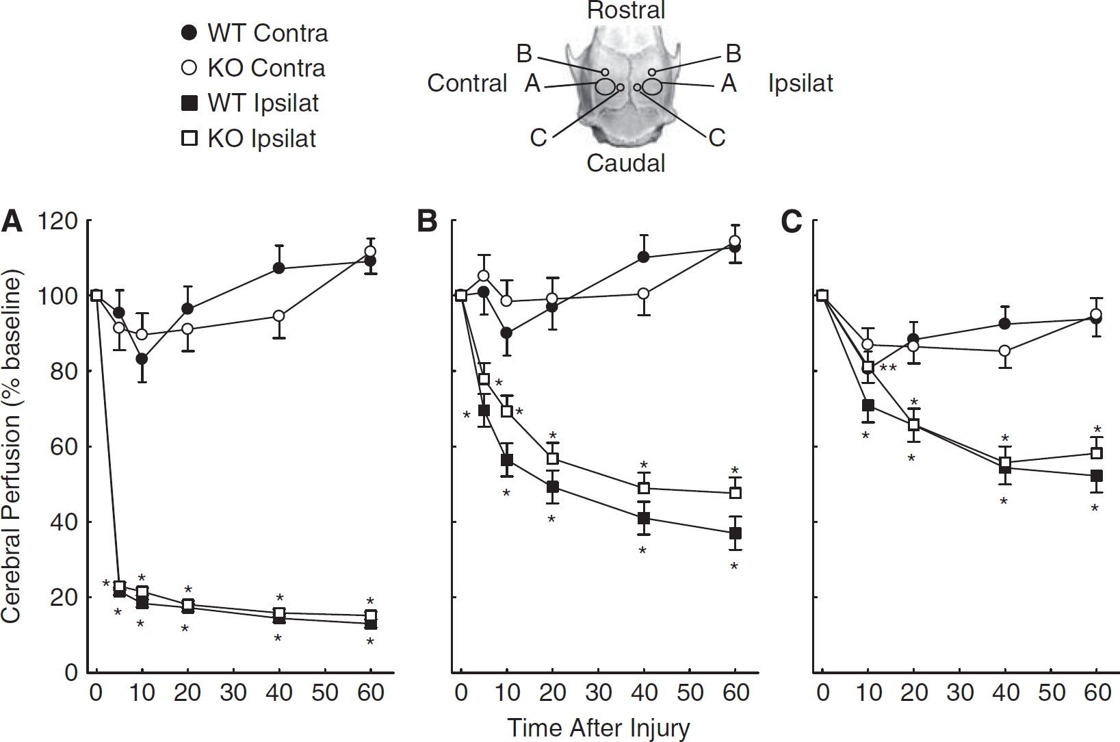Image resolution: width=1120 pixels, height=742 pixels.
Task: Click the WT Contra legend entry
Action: (x=254, y=34)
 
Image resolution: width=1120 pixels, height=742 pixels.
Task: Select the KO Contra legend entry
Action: (x=253, y=68)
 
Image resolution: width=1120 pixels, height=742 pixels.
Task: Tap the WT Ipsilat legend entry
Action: (x=250, y=103)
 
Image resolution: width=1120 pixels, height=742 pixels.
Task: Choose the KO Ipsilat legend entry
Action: (x=248, y=138)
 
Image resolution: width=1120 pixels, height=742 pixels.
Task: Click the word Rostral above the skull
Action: (x=626, y=10)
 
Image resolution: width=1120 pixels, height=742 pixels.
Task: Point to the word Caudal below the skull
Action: (x=626, y=163)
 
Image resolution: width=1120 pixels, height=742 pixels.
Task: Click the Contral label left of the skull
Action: (x=467, y=83)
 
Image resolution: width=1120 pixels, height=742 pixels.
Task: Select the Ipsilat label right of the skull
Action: (x=800, y=83)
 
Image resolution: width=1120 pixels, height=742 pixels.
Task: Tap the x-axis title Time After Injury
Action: (x=599, y=728)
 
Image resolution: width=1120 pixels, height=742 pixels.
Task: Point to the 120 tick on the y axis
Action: (x=58, y=220)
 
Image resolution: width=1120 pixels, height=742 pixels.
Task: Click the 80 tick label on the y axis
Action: (x=64, y=371)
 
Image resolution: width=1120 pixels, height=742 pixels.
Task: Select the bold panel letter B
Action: (x=427, y=222)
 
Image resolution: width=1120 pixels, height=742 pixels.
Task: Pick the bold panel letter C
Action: (x=792, y=222)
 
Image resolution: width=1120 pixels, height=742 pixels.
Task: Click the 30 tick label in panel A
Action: (x=233, y=693)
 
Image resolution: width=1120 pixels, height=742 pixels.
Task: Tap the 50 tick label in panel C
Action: (x=1052, y=693)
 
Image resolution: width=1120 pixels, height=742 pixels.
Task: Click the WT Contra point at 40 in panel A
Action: (x=279, y=268)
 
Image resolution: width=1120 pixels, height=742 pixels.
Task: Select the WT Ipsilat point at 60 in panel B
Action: (x=735, y=533)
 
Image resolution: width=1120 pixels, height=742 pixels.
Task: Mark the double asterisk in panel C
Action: (x=888, y=369)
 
